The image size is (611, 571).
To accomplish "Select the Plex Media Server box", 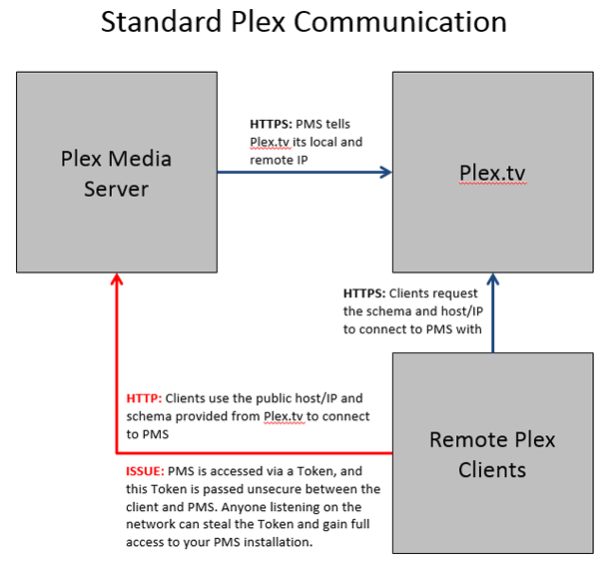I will tap(117, 172).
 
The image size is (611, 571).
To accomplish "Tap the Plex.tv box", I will tap(492, 172).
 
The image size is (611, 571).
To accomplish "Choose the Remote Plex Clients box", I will tap(492, 454).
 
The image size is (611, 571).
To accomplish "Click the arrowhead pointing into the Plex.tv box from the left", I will tap(385, 172).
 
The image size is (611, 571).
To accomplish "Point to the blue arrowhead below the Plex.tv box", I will tap(492, 280).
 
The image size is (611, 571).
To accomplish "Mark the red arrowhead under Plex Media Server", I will tap(117, 281).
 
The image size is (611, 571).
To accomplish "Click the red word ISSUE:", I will tap(147, 470).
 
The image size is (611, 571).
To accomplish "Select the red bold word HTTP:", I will tap(145, 397).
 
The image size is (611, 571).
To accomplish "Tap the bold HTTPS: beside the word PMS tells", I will tap(271, 125).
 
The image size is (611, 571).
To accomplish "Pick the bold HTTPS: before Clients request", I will tap(364, 293).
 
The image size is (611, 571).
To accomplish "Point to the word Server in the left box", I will tap(117, 188).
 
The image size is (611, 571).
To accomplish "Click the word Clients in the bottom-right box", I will tap(492, 469).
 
